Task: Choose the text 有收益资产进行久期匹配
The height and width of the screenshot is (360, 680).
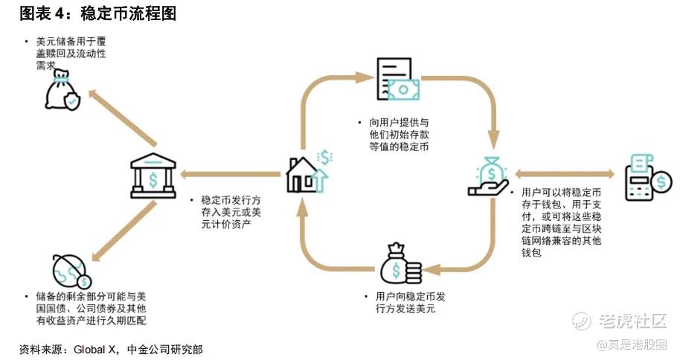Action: pos(88,321)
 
